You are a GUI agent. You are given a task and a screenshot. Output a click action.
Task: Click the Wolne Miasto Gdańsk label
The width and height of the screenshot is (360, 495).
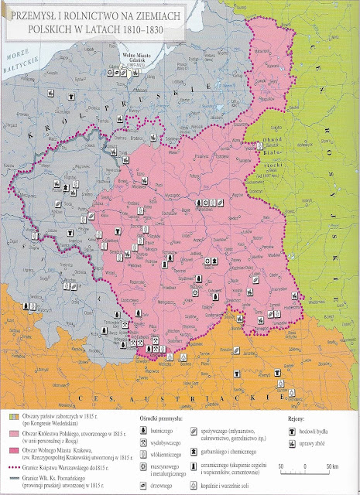(x=139, y=59)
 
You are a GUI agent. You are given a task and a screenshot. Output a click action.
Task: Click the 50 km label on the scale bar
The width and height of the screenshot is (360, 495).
(x=331, y=467)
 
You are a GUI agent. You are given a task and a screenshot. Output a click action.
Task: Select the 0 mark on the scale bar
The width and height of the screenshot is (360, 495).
(x=306, y=467)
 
